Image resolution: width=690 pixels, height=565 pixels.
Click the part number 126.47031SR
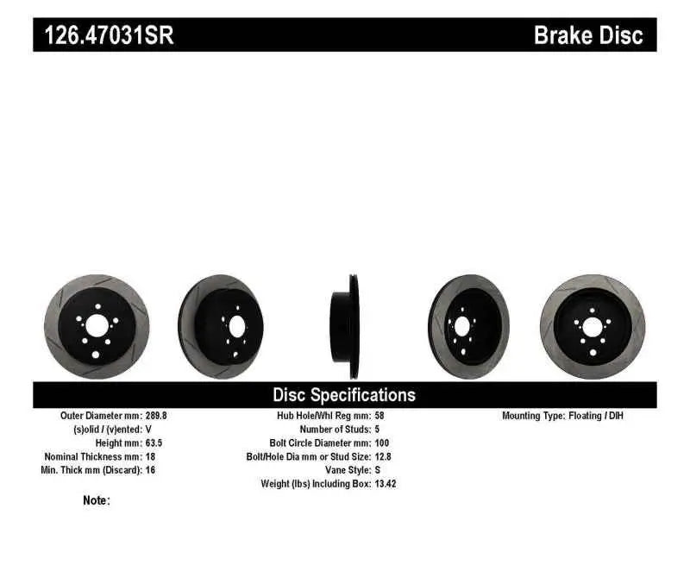pos(103,36)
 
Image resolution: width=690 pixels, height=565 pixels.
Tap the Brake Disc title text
pos(588,36)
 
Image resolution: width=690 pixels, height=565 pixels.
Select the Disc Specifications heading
pos(344,395)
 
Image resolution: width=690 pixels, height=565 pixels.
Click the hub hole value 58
pos(380,416)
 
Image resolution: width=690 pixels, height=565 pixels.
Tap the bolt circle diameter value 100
pos(383,443)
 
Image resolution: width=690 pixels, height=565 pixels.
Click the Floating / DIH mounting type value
pos(595,416)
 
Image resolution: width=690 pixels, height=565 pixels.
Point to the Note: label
pos(97,500)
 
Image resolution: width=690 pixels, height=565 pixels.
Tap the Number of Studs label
pos(336,430)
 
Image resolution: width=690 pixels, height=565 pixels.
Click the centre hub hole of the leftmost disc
pos(97,326)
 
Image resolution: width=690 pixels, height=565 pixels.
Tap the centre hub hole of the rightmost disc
pos(593,327)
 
